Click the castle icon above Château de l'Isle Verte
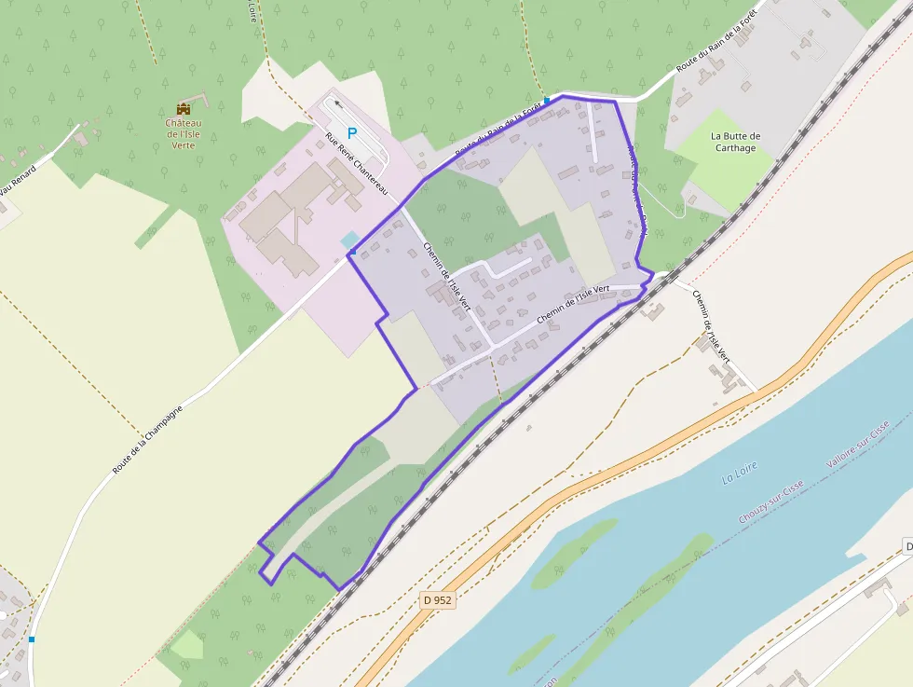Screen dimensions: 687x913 183,109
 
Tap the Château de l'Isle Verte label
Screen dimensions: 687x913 183,134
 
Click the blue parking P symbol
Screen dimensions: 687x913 352,133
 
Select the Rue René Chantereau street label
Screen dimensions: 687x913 356,164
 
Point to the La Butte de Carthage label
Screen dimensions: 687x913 735,142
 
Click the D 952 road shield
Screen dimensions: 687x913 435,600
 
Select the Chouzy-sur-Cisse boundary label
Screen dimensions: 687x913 770,504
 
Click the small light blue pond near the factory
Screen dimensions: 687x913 349,240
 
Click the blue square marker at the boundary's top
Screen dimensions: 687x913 547,100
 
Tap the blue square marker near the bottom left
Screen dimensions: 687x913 32,639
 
